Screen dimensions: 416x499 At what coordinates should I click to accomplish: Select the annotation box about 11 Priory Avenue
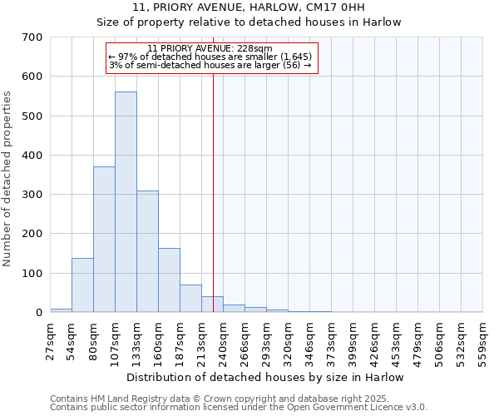[x=213, y=58]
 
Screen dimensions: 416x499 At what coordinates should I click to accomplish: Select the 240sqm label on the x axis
[x=224, y=339]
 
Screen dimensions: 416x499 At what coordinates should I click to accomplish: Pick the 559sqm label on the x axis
[x=483, y=339]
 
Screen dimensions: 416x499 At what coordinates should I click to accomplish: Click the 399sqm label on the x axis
[x=353, y=339]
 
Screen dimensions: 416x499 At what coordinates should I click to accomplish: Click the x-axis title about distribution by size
[x=265, y=377]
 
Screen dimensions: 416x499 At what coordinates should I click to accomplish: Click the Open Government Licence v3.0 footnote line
[x=239, y=408]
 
